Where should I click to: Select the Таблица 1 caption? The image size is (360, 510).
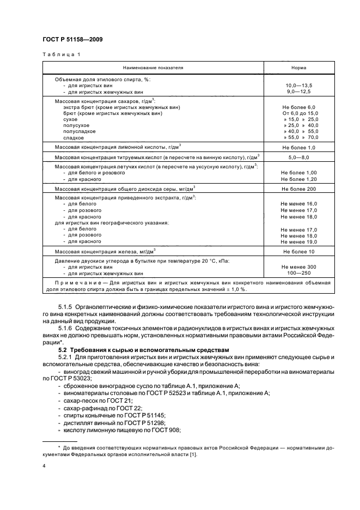(x=62, y=55)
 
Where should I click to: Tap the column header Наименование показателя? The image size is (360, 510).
(x=153, y=68)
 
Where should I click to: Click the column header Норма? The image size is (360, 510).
(x=298, y=68)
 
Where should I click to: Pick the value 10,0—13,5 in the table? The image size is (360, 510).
(x=298, y=86)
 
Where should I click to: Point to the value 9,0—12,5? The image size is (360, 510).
(x=298, y=92)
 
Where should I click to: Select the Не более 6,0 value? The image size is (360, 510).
(x=298, y=107)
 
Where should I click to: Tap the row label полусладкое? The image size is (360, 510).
(x=80, y=131)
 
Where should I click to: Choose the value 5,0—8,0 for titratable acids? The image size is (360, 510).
(x=298, y=157)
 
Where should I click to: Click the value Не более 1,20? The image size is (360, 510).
(x=298, y=179)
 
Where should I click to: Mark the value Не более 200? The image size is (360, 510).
(x=298, y=189)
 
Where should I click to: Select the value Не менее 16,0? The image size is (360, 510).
(x=298, y=203)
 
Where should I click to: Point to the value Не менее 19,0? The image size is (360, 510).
(x=298, y=241)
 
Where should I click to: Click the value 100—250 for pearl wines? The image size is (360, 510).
(x=298, y=274)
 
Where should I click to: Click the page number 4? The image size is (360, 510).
(x=45, y=466)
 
